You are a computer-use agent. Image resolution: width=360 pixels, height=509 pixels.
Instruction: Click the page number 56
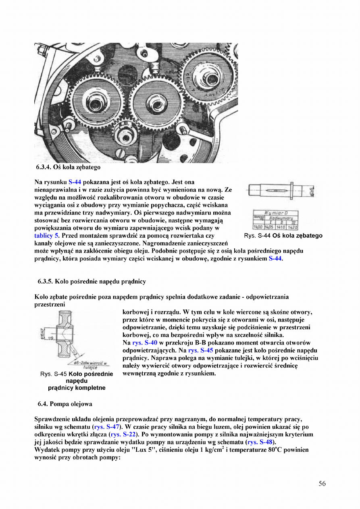(x=322, y=484)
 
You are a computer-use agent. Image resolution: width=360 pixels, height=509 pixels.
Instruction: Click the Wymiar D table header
(x=275, y=213)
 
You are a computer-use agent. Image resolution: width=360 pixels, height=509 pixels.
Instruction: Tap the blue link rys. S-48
(x=260, y=442)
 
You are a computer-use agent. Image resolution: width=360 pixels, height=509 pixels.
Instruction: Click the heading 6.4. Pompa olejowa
(x=65, y=404)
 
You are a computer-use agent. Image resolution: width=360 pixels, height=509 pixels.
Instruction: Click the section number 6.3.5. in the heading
(x=45, y=281)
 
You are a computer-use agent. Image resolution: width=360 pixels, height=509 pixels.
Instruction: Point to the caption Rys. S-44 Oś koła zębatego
(x=283, y=236)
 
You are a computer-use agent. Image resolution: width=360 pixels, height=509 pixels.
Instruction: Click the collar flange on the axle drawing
(x=291, y=190)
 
